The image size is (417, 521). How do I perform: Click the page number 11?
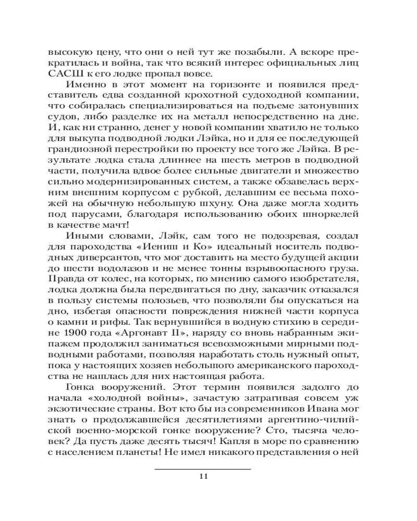pos(203,476)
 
